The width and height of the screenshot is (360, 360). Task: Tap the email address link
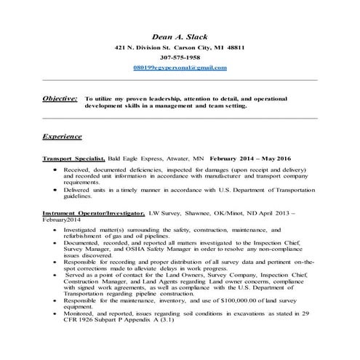180,67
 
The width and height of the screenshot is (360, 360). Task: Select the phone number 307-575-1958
180,57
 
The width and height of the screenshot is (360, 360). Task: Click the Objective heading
60,97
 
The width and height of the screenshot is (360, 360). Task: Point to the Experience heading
63,136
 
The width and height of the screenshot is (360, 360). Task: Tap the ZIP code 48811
232,47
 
